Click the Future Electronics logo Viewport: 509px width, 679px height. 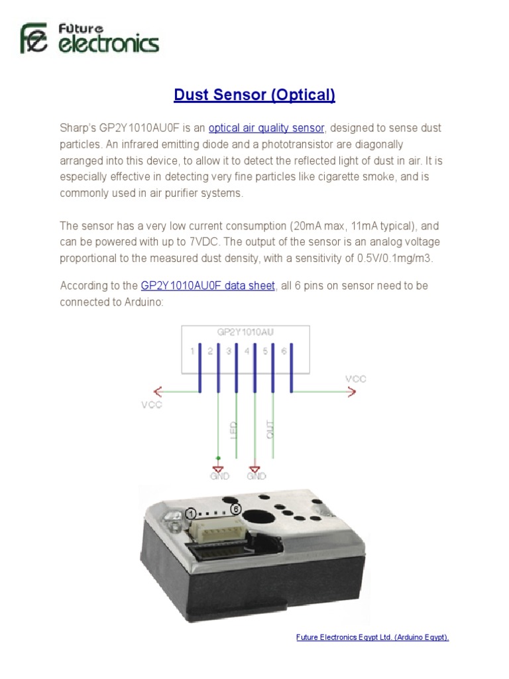pos(89,39)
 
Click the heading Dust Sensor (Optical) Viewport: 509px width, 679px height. pos(254,95)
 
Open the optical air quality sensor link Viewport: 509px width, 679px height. pos(266,128)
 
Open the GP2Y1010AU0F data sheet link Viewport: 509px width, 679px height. pos(207,286)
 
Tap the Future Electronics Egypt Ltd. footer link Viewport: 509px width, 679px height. pos(372,637)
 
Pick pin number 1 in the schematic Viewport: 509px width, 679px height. pos(192,351)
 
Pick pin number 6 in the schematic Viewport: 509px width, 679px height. pos(284,351)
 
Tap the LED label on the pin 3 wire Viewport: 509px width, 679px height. pos(233,429)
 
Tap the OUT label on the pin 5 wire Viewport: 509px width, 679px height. pos(269,429)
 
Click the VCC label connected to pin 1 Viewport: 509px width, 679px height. pos(151,404)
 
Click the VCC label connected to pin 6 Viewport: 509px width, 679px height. pos(355,379)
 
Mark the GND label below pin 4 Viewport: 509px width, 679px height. pos(256,475)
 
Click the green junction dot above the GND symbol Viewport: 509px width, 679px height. pos(218,458)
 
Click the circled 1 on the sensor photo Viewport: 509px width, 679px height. pos(191,514)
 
